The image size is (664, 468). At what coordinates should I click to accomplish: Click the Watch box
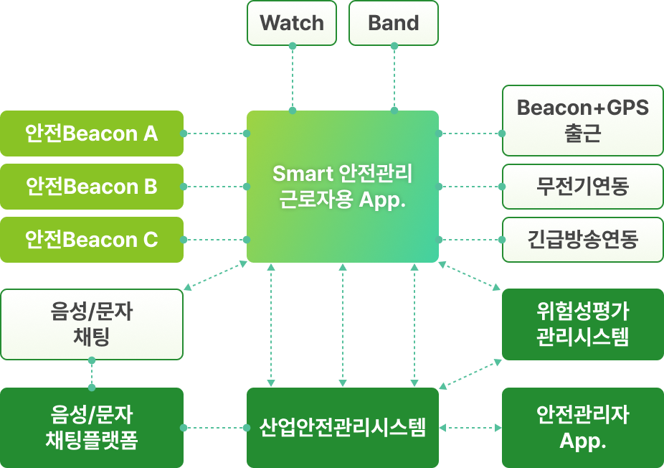292,23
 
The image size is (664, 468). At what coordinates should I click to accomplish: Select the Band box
393,23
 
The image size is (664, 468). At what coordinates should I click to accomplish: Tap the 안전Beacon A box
92,134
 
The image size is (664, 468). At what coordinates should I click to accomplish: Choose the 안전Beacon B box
92,187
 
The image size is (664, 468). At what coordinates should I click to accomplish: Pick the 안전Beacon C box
92,240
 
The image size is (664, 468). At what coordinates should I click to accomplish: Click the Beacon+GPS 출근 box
582,121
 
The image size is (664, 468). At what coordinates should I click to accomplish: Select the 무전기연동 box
582,187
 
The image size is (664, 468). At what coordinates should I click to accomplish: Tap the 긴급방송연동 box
582,240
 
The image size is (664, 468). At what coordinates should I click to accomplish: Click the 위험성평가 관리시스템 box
582,324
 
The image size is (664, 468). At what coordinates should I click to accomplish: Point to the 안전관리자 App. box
582,428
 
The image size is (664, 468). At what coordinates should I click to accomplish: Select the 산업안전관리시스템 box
342,429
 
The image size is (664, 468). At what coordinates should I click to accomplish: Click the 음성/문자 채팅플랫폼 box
92,428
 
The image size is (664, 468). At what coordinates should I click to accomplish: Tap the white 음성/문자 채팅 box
92,324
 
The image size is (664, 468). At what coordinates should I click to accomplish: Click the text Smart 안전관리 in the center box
343,174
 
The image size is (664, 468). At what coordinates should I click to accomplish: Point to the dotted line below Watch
292,79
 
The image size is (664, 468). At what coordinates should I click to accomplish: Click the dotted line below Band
394,79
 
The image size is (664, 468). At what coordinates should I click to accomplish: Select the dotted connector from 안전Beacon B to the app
215,187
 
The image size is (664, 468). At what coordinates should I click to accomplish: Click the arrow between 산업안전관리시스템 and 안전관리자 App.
470,429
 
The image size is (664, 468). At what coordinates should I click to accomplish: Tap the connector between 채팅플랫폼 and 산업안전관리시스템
215,429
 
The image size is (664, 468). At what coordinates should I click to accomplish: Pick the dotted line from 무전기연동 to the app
470,187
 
